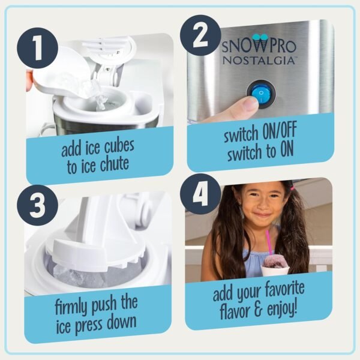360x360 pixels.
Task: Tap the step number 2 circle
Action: pos(201,37)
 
